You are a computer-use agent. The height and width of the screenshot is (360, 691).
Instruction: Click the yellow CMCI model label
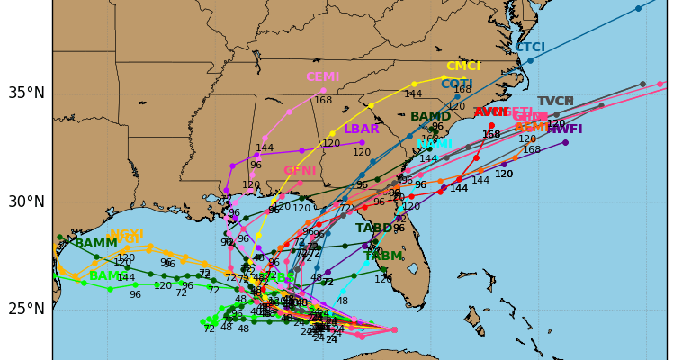tap(463, 67)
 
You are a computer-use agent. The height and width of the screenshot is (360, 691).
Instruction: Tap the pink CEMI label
tap(322, 77)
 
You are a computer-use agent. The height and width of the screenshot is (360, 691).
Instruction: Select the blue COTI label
tap(456, 85)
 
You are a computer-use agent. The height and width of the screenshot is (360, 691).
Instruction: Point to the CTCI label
tap(530, 48)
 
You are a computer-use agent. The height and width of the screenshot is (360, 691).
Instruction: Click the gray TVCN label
tap(555, 102)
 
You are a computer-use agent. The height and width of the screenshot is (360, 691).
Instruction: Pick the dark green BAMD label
tap(431, 117)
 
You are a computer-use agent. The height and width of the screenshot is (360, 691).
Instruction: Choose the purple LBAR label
tap(362, 130)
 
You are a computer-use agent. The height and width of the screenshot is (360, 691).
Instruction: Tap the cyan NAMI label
tap(435, 145)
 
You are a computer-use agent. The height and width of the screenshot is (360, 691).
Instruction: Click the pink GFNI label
tap(300, 170)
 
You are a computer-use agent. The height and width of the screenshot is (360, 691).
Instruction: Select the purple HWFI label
tap(564, 130)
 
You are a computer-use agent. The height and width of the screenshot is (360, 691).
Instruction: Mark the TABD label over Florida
tap(374, 229)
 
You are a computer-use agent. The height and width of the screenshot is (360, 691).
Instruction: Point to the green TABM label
tap(383, 256)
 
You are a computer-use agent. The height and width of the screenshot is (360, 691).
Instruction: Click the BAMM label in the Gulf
tap(95, 244)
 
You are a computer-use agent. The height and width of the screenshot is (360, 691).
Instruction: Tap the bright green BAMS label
tap(108, 276)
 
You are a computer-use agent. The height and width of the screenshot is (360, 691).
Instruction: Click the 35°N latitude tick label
tap(26, 93)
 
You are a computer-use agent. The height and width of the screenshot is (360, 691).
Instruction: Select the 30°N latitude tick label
tap(26, 202)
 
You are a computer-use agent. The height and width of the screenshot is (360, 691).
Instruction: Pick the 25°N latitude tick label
tap(26, 310)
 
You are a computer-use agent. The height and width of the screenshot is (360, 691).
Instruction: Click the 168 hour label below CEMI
tap(323, 100)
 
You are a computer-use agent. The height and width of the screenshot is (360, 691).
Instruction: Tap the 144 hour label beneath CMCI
tap(413, 94)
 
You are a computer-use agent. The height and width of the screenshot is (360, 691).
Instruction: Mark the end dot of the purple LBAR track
tap(362, 142)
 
